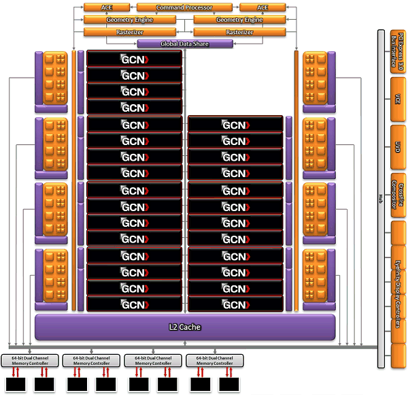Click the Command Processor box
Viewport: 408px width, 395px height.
pos(184,7)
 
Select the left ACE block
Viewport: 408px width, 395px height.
pos(107,7)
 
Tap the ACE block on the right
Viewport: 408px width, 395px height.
pos(261,7)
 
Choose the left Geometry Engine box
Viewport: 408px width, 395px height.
pos(129,20)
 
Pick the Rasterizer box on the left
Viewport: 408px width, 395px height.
pos(129,32)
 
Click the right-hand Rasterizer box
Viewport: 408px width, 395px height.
pos(239,32)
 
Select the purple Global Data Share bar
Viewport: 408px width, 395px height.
pos(184,44)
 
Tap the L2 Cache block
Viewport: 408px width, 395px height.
pos(185,327)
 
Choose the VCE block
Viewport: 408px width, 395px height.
pos(397,99)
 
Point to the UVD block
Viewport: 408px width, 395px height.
pos(397,146)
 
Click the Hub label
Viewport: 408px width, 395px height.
pos(381,198)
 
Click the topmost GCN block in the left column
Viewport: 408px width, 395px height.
pos(134,59)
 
